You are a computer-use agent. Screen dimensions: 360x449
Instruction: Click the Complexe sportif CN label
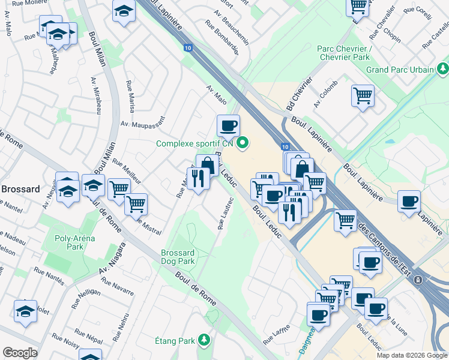[194, 143]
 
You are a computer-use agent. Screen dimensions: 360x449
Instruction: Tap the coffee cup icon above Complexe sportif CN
[228, 126]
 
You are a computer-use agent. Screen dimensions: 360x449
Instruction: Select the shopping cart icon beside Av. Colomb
[363, 95]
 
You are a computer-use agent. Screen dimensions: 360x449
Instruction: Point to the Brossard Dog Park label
[178, 257]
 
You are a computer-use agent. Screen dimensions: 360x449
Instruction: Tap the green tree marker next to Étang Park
[205, 341]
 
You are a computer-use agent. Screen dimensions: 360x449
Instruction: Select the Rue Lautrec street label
[226, 214]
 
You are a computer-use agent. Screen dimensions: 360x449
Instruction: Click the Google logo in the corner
[20, 353]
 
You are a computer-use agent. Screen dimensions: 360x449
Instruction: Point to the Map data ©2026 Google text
[411, 355]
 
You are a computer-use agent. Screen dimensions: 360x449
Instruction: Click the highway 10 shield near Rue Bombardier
[188, 47]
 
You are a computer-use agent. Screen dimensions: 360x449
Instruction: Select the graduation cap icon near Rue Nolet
[25, 311]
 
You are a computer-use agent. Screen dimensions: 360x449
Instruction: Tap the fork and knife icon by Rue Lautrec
[198, 177]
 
